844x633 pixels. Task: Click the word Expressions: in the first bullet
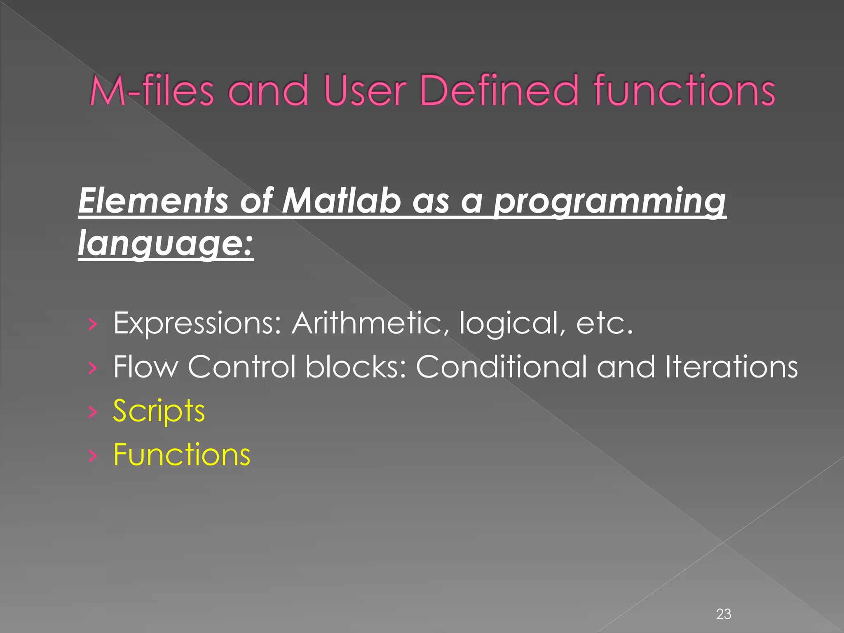point(197,323)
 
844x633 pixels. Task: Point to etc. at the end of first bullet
point(604,323)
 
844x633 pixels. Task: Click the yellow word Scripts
point(159,411)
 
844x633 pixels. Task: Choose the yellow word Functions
point(181,454)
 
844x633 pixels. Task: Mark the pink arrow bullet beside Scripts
point(93,412)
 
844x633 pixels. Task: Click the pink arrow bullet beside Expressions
point(93,324)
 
